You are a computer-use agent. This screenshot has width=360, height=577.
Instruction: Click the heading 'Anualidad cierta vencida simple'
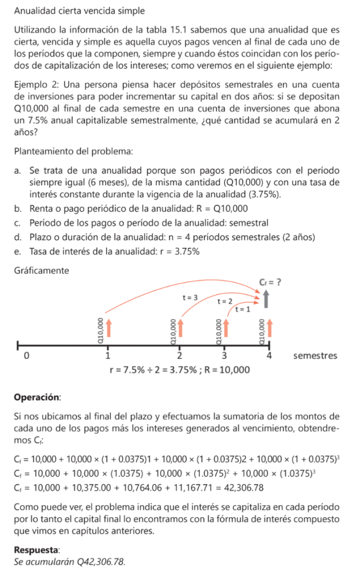point(79,11)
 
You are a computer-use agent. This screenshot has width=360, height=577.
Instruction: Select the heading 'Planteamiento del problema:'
point(74,151)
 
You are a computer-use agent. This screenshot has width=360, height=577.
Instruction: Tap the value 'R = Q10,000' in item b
point(219,209)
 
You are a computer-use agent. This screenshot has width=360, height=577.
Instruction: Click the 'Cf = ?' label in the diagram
point(270,282)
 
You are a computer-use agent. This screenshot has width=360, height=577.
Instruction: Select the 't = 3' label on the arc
point(189,297)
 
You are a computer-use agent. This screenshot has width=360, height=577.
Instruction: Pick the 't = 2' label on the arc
point(225,301)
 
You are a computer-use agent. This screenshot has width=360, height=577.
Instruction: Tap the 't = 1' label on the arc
point(243,309)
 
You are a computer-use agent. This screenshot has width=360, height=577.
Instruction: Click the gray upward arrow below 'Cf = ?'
point(265,300)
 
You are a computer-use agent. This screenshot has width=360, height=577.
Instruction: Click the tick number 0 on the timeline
point(24,356)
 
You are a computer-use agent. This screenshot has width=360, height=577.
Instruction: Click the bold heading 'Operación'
point(37,397)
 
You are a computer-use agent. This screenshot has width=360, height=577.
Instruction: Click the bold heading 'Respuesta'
point(38,548)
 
